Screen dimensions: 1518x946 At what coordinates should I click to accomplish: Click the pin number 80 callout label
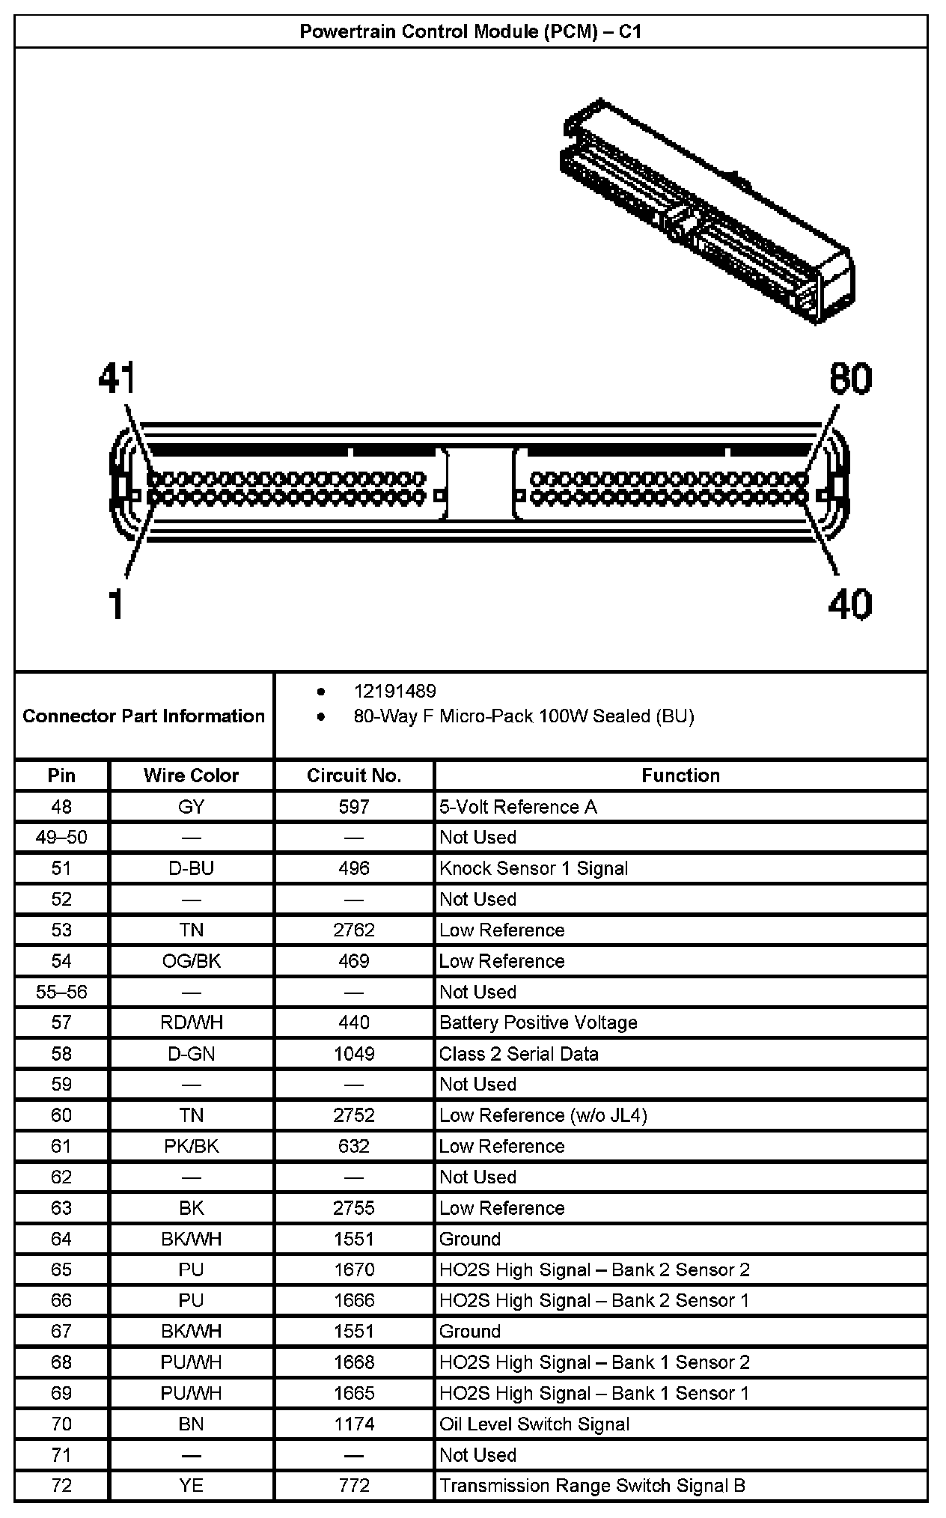coord(850,379)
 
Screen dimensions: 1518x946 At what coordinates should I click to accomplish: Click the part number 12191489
coord(394,691)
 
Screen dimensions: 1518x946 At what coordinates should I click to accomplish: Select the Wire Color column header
coord(191,775)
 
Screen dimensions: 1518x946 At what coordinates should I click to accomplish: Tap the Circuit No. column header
coord(354,775)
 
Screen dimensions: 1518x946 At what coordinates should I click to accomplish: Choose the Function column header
coord(680,775)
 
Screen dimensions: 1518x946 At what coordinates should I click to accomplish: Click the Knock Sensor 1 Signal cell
coord(534,868)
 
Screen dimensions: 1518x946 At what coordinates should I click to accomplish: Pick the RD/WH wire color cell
coord(191,1022)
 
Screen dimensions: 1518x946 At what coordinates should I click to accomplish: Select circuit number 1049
coord(354,1054)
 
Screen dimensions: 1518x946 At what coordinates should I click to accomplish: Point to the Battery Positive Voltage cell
coord(538,1022)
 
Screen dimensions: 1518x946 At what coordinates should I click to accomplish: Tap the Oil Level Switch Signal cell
coord(534,1424)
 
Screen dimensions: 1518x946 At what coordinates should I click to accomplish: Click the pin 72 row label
coord(61,1485)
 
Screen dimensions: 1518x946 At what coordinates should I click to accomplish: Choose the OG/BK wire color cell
coord(191,961)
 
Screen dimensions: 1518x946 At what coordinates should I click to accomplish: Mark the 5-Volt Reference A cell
coord(518,807)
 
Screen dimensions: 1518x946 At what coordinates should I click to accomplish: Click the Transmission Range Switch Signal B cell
coord(593,1485)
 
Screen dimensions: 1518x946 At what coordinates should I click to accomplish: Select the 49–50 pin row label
coord(61,838)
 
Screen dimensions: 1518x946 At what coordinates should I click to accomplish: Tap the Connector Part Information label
coord(144,716)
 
